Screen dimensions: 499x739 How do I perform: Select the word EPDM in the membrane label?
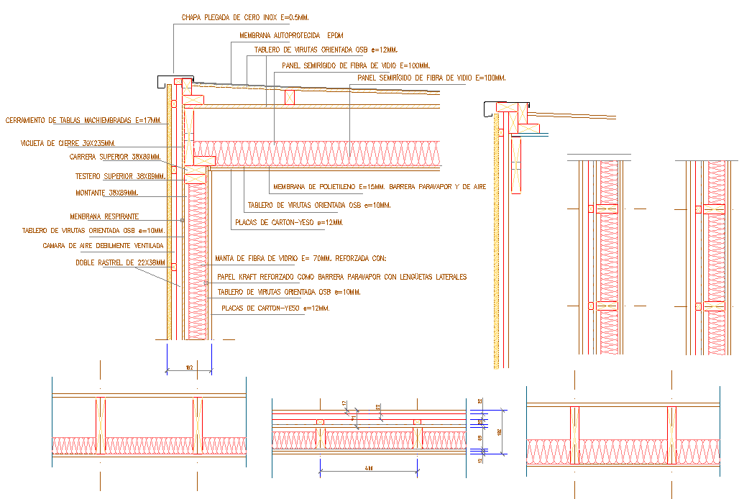(336, 35)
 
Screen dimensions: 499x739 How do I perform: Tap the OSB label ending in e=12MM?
(326, 50)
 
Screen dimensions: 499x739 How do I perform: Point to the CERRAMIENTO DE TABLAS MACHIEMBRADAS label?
(83, 120)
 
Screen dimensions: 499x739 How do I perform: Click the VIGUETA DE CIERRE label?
(68, 143)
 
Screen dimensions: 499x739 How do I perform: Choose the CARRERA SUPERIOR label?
(114, 157)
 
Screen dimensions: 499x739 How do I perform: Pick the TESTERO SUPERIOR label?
(120, 175)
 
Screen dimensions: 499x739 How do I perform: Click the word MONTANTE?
(91, 193)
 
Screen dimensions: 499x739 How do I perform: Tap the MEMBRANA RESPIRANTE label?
(104, 216)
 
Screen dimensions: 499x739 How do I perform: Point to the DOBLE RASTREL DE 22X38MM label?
(120, 263)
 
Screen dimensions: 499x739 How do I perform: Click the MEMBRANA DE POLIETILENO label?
(380, 187)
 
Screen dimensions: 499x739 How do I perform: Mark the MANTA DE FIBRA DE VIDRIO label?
(300, 259)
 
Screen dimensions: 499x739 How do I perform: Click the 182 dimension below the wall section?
(189, 367)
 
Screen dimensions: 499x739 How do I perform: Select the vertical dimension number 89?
(479, 437)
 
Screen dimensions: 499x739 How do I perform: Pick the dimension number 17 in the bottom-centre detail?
(344, 403)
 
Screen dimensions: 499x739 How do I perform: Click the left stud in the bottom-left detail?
(101, 426)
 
